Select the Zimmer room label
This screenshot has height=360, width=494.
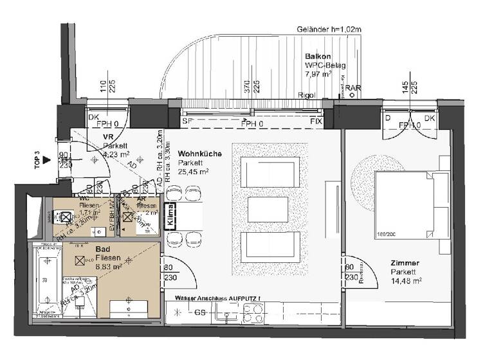point(405,263)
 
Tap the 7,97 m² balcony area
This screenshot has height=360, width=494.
point(318,75)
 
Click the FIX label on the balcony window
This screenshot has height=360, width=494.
point(316,121)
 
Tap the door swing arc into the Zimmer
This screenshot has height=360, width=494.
point(354,269)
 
